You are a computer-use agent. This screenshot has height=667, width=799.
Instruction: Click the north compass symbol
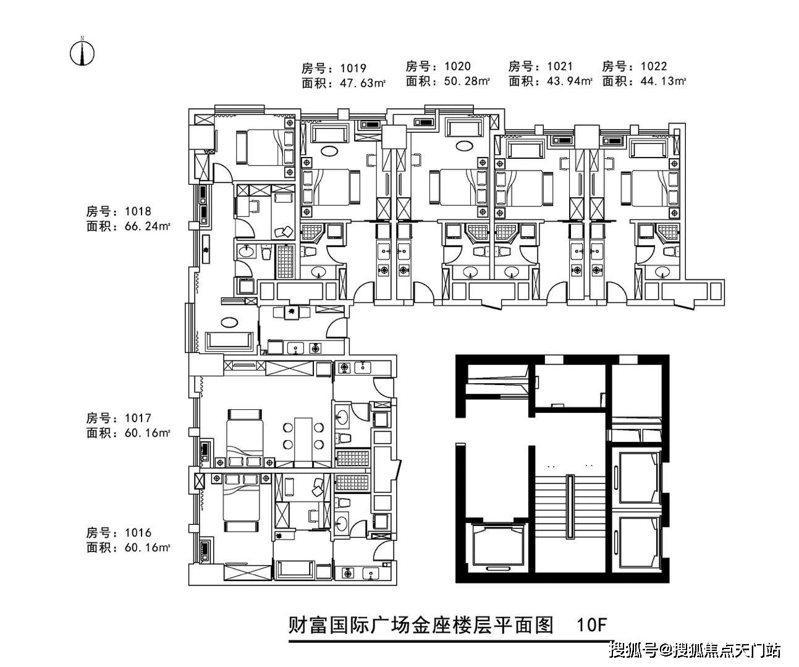[x=82, y=52]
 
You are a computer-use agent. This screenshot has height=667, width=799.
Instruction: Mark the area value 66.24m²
[x=147, y=227]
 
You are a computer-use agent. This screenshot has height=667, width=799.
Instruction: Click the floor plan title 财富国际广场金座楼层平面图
[x=420, y=625]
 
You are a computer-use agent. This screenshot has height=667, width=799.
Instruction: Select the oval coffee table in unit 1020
[x=463, y=145]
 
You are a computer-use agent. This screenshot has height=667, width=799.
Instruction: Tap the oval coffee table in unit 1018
[x=229, y=321]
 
